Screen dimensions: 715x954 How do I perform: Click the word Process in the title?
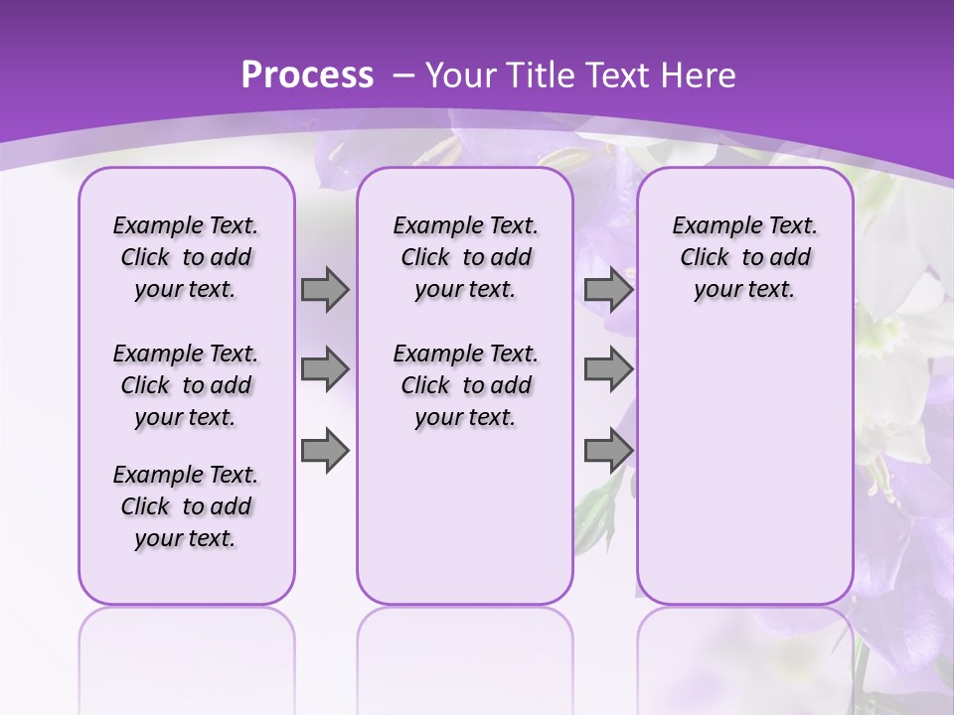click(307, 74)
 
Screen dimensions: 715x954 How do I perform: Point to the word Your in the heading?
click(461, 74)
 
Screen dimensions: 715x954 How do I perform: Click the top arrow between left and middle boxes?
click(325, 290)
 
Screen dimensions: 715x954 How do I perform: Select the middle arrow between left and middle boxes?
click(325, 369)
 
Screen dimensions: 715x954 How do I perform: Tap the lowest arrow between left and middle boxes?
click(325, 451)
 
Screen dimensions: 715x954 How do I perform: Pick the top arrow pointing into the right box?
click(608, 290)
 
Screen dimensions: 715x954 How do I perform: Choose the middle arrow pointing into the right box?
click(608, 369)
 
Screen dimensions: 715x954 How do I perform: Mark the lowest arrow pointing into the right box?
click(608, 451)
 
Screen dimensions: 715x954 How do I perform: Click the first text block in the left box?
click(186, 257)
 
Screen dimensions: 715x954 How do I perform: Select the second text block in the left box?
click(186, 385)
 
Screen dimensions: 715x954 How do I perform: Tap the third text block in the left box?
click(186, 506)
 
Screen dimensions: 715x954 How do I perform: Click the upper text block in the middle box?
click(465, 257)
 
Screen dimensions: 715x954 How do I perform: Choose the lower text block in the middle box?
click(465, 385)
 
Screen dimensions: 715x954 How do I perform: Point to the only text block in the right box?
click(744, 257)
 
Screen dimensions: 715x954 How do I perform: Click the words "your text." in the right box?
click(744, 290)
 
